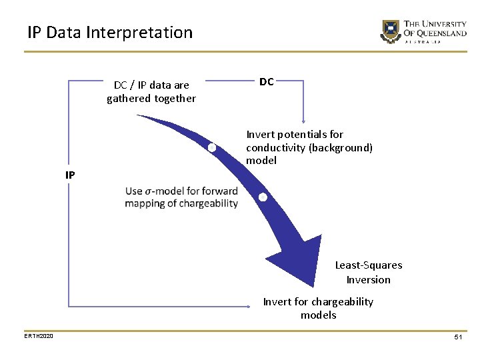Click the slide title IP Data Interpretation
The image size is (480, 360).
110,32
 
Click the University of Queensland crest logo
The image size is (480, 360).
390,31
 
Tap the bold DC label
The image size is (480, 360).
267,82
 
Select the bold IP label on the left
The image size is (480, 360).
70,175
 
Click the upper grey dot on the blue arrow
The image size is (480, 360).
212,147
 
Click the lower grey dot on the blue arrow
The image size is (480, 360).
263,197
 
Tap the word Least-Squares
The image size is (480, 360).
369,265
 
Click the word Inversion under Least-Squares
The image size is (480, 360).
369,279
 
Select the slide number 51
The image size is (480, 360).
458,338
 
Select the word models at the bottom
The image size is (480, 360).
319,315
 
